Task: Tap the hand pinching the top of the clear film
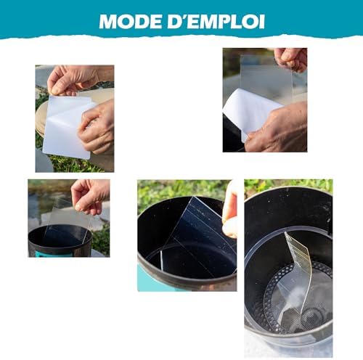tap(290, 58)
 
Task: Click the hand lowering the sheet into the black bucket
tap(90, 195)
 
